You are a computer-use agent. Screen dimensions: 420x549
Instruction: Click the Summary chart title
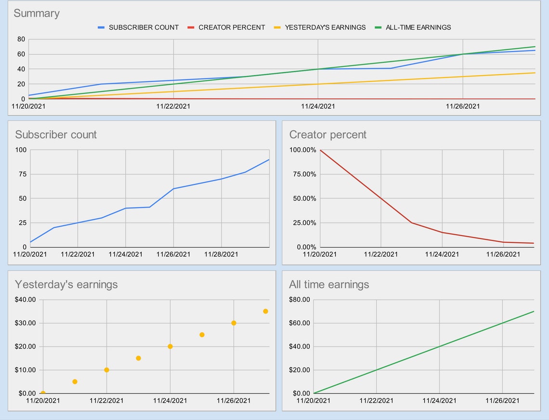point(37,13)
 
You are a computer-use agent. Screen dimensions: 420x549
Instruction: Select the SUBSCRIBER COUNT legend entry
point(144,27)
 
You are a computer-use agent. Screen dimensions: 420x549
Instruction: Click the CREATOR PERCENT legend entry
point(232,27)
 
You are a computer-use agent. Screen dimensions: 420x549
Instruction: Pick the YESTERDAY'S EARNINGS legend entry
point(325,27)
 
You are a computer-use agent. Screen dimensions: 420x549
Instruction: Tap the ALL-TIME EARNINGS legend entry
point(418,27)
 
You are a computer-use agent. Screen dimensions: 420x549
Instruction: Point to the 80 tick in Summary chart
point(21,39)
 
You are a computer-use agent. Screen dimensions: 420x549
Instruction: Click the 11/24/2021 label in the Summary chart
point(318,106)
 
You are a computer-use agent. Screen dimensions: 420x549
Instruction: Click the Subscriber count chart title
point(56,134)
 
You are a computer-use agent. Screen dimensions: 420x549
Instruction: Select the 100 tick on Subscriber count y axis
point(21,150)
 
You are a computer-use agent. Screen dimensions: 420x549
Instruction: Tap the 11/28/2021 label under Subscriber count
point(222,254)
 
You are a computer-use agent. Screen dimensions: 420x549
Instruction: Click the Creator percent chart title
point(327,134)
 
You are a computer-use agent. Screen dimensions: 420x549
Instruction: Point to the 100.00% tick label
point(302,150)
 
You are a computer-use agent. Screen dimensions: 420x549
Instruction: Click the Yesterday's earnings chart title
point(66,285)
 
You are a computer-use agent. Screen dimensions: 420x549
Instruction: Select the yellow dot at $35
point(265,311)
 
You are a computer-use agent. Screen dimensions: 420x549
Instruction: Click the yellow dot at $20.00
point(170,346)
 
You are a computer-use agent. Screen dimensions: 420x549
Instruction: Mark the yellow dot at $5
point(75,381)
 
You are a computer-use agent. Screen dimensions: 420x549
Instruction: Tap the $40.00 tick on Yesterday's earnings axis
point(26,300)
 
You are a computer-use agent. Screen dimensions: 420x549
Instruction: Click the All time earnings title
point(329,285)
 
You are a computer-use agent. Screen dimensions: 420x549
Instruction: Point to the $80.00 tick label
point(299,300)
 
